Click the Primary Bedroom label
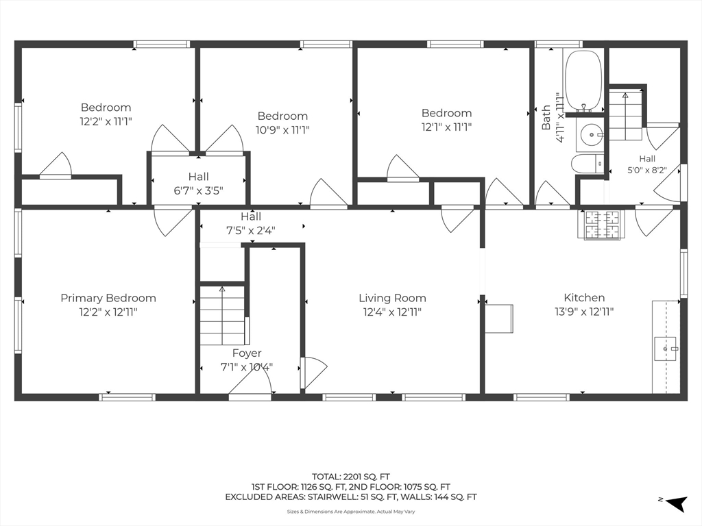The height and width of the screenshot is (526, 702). click(x=108, y=298)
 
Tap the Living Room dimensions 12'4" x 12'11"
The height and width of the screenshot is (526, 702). click(x=392, y=312)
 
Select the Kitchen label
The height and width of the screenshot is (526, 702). click(x=584, y=297)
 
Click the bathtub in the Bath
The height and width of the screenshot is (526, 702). click(x=583, y=82)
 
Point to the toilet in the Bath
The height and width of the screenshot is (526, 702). click(x=588, y=163)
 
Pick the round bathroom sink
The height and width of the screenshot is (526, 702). click(x=592, y=134)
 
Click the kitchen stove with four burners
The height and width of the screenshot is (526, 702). click(x=603, y=225)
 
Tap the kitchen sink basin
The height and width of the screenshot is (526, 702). click(x=665, y=349)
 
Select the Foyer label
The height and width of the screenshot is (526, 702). click(x=247, y=353)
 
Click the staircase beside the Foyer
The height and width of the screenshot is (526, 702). click(x=222, y=315)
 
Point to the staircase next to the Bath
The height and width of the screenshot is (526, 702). click(x=625, y=114)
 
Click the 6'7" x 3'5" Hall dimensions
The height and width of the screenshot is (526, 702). click(x=198, y=191)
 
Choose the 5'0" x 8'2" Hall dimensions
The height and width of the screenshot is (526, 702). click(x=647, y=171)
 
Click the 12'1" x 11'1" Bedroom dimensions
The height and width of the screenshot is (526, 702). click(x=446, y=127)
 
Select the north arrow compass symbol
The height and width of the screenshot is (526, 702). click(x=676, y=503)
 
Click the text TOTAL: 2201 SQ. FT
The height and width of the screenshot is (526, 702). click(x=351, y=477)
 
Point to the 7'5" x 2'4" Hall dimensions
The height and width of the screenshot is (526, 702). click(x=251, y=231)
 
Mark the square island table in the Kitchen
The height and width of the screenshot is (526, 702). click(x=499, y=318)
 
